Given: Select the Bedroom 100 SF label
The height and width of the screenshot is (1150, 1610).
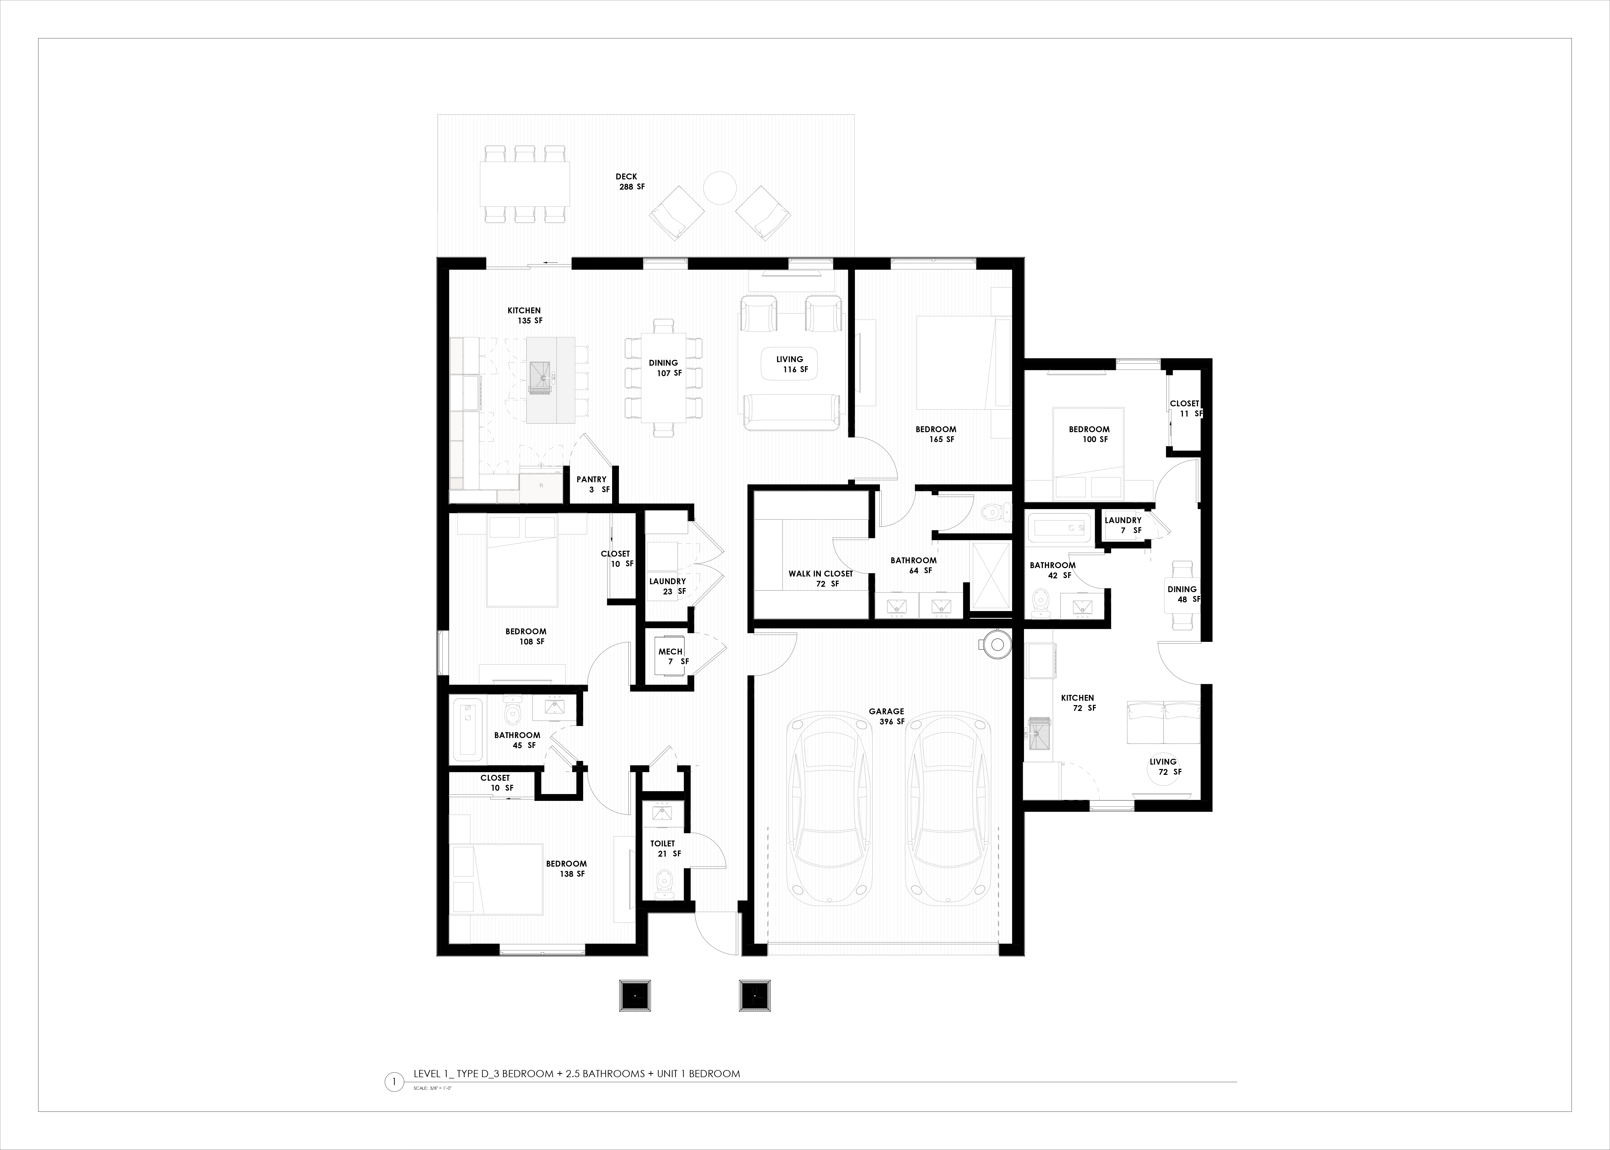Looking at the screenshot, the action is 1090,434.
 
